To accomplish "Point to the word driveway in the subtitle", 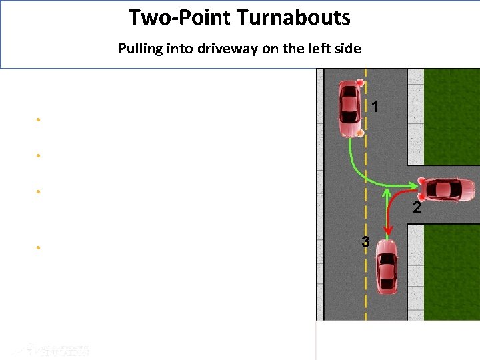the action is pos(231,49).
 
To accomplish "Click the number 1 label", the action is pos(375,107).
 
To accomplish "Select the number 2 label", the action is pos(417,208).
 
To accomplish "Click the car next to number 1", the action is pos(349,109).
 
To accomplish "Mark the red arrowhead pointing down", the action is pos(389,231).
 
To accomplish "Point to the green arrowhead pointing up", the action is pos(386,193).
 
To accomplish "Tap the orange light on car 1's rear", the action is pos(360,133).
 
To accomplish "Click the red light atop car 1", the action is pos(360,83).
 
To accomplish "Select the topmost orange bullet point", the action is pos(39,120).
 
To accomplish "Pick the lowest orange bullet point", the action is pos(39,247).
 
